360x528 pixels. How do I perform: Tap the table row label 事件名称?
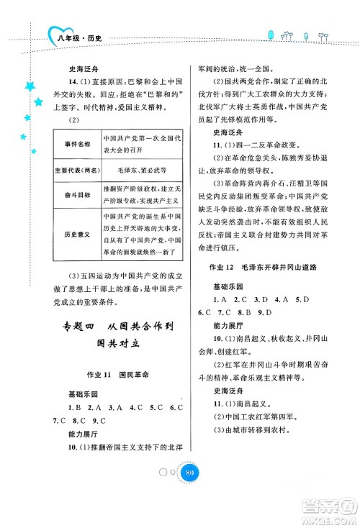(x=76, y=143)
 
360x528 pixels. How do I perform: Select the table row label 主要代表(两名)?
(x=76, y=172)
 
